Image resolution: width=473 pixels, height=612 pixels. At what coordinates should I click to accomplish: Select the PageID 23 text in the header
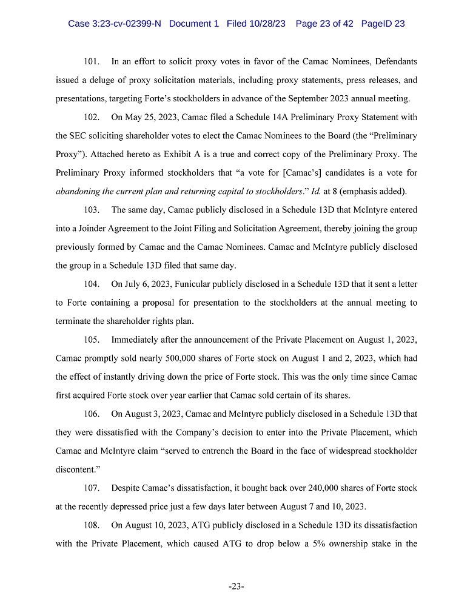(x=383, y=24)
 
